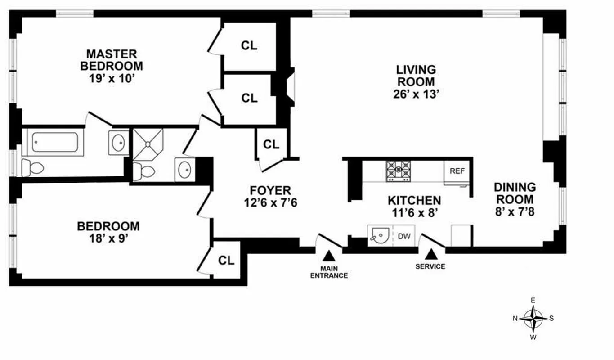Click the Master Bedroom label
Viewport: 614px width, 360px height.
(112, 60)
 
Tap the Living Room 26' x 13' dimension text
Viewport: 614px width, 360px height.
(415, 94)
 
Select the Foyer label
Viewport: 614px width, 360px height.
(270, 190)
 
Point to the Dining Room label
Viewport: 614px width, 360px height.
(515, 193)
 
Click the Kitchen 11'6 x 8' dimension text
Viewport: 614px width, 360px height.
(414, 212)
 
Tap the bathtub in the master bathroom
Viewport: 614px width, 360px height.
(55, 142)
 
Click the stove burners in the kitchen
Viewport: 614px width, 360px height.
(398, 171)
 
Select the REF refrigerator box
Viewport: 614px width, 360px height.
(457, 171)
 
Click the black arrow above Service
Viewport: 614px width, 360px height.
(430, 255)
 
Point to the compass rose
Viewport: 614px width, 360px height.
(533, 318)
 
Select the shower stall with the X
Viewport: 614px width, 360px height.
(148, 144)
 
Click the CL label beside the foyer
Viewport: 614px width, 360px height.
(271, 144)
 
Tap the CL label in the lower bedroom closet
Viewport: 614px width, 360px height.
(226, 260)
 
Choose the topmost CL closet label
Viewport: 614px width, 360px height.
(249, 45)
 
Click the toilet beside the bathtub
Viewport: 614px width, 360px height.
(32, 167)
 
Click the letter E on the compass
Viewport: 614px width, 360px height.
(533, 300)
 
